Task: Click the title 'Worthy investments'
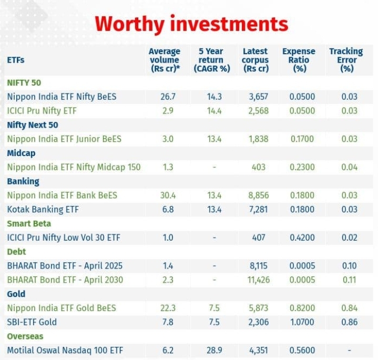(x=191, y=24)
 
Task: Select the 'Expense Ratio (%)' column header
(x=299, y=60)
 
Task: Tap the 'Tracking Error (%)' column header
(x=346, y=60)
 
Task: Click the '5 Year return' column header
(x=211, y=60)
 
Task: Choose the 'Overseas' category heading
(x=25, y=336)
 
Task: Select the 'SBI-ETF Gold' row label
(x=32, y=322)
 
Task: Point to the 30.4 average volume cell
(x=167, y=195)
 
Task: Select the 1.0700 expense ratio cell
(x=302, y=322)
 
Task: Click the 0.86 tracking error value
(x=349, y=322)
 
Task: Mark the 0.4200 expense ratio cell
(x=302, y=238)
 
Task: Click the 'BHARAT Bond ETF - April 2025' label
(x=59, y=266)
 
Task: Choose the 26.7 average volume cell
(x=167, y=97)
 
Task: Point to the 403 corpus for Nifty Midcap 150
(x=259, y=167)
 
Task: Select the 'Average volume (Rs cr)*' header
(x=165, y=60)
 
